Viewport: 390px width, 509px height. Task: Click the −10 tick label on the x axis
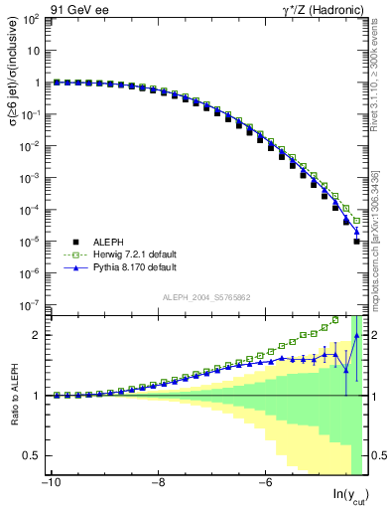point(50,484)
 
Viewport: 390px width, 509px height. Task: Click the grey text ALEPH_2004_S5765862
point(204,297)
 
